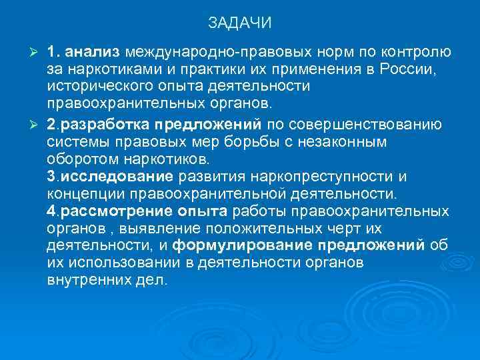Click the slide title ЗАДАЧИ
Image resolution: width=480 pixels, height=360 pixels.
click(x=239, y=23)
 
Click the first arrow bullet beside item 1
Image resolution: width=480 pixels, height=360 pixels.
click(x=38, y=52)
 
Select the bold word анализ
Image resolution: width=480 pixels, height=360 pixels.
click(x=93, y=52)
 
